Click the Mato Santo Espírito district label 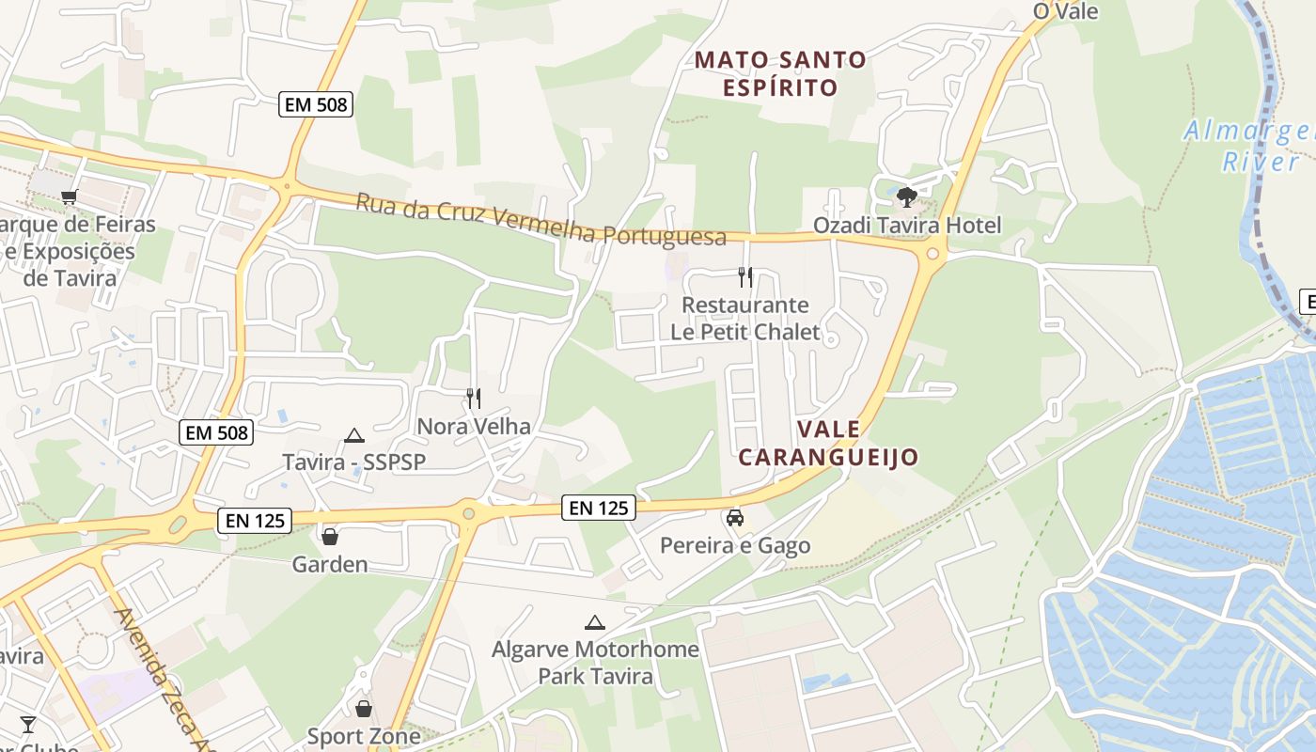[780, 73]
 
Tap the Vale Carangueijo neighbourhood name [827, 443]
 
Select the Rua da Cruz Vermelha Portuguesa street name [540, 220]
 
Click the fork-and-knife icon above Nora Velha [474, 399]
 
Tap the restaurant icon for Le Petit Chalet [745, 276]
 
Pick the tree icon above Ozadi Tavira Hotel [906, 196]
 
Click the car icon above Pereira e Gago [735, 517]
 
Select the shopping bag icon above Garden [330, 537]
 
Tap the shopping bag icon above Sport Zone [364, 708]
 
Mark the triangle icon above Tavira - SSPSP [354, 434]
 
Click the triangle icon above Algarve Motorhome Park [594, 622]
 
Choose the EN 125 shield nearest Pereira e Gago [599, 508]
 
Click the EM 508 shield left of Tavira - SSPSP [217, 432]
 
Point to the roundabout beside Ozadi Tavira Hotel [932, 252]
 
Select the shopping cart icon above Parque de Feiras [69, 196]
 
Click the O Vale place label [1065, 10]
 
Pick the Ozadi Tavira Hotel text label [907, 226]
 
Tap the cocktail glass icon [28, 724]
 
